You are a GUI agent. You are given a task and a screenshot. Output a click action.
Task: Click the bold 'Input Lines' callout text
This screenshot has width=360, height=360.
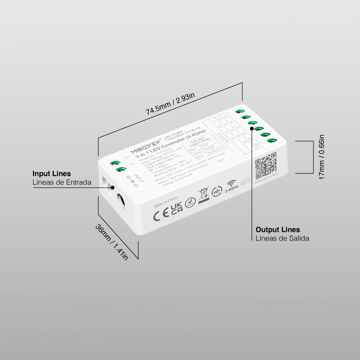click(x=52, y=173)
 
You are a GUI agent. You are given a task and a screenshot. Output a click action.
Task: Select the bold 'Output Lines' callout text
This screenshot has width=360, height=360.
click(x=278, y=229)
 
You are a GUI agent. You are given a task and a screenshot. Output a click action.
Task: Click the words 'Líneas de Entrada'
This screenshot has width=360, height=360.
click(x=62, y=182)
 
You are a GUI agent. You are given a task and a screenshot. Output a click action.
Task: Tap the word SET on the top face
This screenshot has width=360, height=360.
click(x=221, y=163)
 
